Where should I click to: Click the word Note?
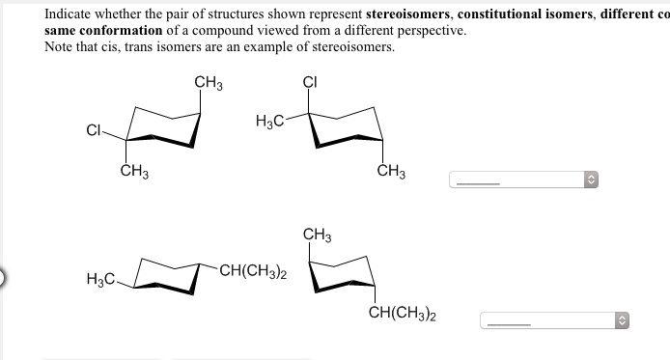[60, 46]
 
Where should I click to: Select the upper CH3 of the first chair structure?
[209, 82]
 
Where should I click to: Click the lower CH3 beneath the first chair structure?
[133, 173]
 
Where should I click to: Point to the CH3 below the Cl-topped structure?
[391, 173]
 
